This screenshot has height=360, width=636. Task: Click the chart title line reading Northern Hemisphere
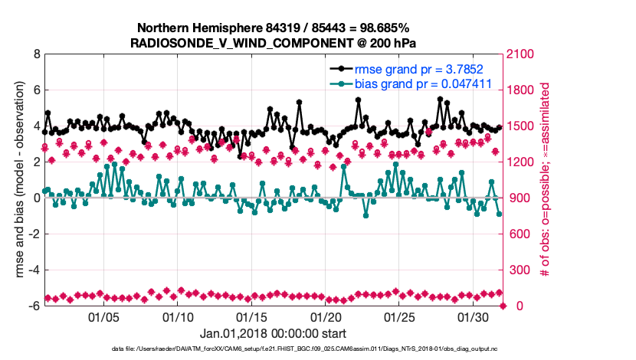tap(274, 27)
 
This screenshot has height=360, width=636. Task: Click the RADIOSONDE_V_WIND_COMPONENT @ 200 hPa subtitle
tap(274, 41)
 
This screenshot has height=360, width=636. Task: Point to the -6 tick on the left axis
tap(34, 306)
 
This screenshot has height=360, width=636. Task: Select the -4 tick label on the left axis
tap(34, 270)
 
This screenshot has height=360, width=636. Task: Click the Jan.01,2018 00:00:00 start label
tap(274, 334)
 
